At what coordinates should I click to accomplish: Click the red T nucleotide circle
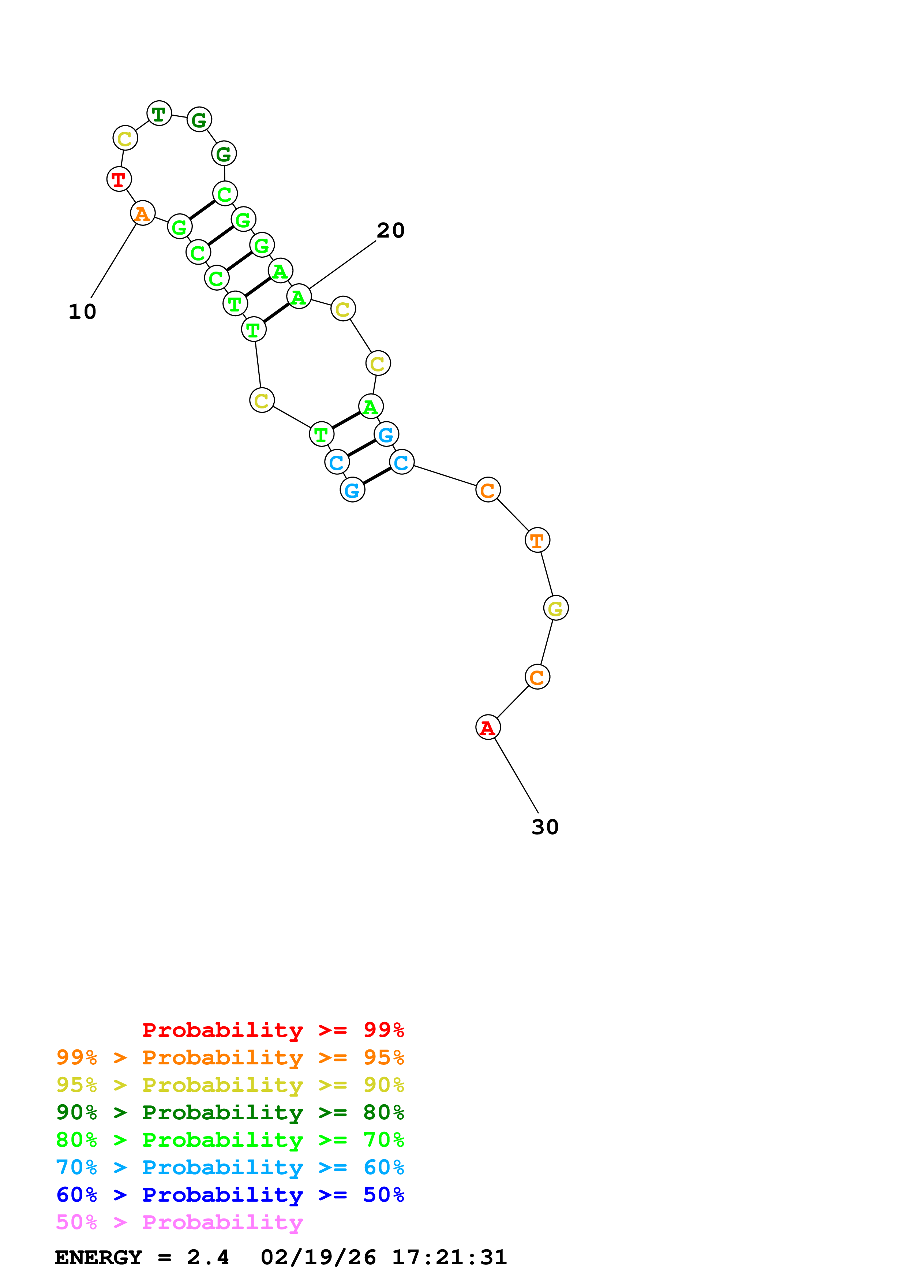[x=119, y=179]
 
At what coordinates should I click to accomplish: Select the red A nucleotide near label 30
[x=488, y=728]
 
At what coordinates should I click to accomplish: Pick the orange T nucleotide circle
[x=537, y=540]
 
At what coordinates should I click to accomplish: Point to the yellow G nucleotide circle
[x=555, y=608]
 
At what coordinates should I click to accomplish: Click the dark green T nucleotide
[x=159, y=113]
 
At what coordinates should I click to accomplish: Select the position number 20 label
[x=391, y=230]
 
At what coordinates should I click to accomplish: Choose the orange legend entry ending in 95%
[x=230, y=1057]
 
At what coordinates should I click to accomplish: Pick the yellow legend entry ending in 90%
[x=230, y=1085]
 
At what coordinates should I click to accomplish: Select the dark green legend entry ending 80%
[x=230, y=1112]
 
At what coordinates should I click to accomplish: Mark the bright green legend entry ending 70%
[x=230, y=1140]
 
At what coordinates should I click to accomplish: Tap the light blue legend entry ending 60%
[x=230, y=1167]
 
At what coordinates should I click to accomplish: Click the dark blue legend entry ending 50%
[x=230, y=1195]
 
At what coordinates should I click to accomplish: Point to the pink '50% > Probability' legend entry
[x=179, y=1222]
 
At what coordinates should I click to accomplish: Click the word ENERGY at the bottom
[x=98, y=1257]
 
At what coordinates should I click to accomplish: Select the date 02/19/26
[x=318, y=1257]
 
